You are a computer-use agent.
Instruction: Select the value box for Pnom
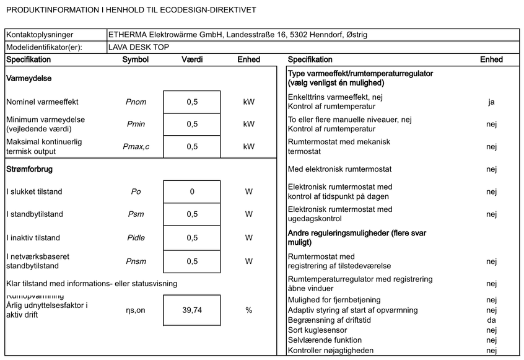[x=192, y=102]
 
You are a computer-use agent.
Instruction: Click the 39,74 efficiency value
[x=192, y=310]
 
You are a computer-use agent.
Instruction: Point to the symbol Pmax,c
[x=136, y=147]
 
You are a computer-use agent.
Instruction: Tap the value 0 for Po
[x=192, y=191]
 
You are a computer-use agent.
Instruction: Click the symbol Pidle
[x=136, y=237]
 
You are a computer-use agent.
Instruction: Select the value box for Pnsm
[x=192, y=261]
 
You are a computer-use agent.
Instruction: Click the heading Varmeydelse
[x=28, y=79]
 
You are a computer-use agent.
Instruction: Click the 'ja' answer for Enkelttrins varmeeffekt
[x=491, y=102]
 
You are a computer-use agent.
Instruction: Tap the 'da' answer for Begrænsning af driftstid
[x=491, y=320]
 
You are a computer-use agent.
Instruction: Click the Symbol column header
[x=136, y=59]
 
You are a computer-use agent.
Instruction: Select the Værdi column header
[x=192, y=59]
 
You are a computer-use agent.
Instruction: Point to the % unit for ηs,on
[x=248, y=310]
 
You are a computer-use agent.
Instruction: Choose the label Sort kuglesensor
[x=318, y=330]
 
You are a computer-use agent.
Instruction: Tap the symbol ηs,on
[x=136, y=310]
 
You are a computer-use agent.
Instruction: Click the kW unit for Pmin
[x=248, y=124]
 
